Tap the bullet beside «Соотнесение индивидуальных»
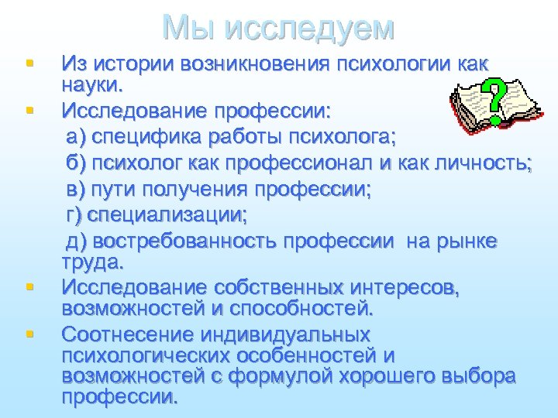pos(29,334)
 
